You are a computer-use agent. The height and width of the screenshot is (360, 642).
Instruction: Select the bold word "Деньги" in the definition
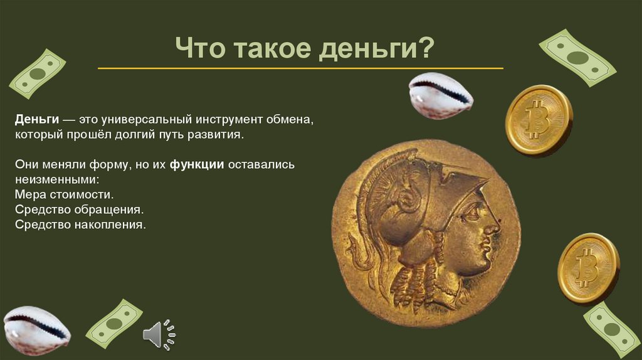(38, 119)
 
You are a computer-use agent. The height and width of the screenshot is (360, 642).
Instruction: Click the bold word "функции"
(196, 165)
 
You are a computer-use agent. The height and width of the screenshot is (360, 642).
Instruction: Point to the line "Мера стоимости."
(65, 195)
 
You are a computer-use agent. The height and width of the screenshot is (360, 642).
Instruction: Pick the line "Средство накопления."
(80, 224)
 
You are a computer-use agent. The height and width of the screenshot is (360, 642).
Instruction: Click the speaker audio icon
(158, 334)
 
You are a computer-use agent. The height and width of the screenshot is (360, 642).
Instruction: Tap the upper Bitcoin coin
(539, 119)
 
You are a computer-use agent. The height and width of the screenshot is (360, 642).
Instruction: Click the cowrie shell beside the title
(440, 95)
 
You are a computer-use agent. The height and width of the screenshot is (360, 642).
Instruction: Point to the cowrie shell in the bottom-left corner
(36, 330)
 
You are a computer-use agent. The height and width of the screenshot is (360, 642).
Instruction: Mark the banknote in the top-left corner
(37, 74)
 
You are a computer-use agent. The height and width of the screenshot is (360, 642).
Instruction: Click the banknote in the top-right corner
(577, 58)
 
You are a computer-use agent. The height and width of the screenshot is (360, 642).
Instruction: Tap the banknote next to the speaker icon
(113, 324)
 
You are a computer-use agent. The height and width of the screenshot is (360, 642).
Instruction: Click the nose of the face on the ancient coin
(495, 223)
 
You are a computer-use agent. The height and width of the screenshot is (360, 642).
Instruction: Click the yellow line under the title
(300, 68)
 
